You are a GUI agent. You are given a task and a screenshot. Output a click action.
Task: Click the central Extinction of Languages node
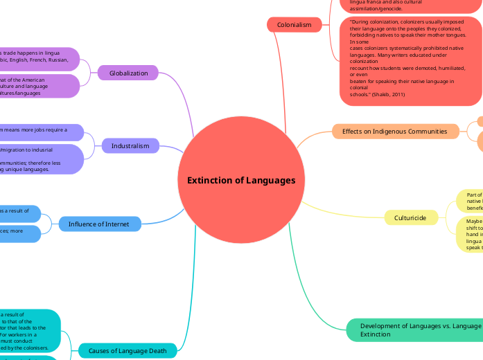click(241, 180)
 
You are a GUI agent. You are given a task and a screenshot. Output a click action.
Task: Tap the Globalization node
click(128, 73)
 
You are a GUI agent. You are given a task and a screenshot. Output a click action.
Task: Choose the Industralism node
click(130, 145)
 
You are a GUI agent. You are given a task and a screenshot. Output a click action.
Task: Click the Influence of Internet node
click(98, 224)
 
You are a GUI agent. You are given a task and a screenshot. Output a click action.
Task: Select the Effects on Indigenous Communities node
click(395, 131)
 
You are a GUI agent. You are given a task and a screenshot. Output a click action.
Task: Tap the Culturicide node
click(411, 217)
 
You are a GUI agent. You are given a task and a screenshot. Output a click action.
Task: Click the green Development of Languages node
click(416, 330)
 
